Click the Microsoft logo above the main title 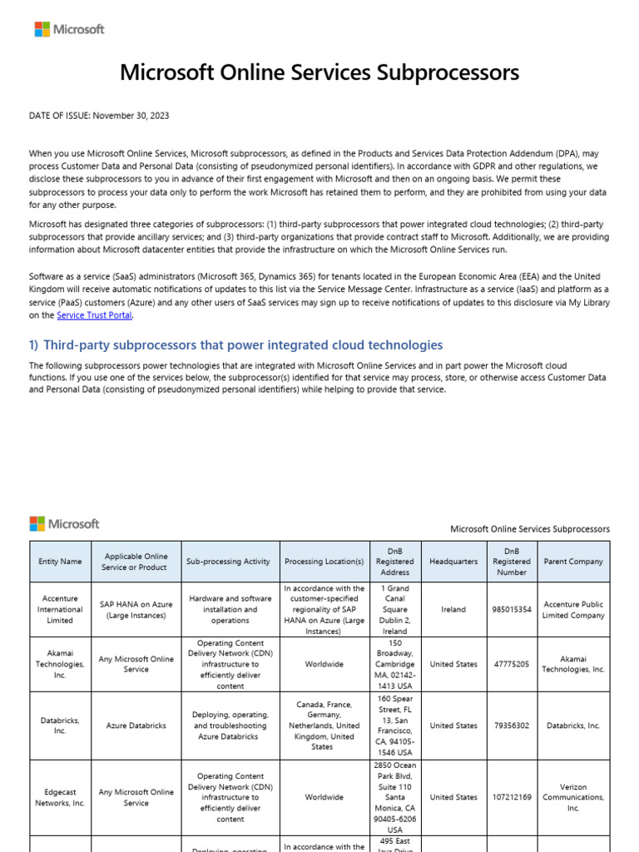coord(69,29)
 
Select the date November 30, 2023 coord(131,116)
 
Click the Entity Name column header coord(60,562)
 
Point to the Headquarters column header coord(453,562)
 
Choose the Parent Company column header coord(572,562)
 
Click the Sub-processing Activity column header coord(228,562)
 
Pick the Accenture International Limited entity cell coord(60,609)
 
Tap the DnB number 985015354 coord(512,609)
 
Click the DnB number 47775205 coord(512,664)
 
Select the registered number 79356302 coord(512,726)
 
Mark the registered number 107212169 coord(512,797)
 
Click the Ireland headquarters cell coord(453,609)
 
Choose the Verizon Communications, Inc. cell coord(572,797)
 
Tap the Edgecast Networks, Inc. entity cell coord(60,797)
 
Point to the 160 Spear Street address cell coord(394,726)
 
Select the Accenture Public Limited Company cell coord(572,610)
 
